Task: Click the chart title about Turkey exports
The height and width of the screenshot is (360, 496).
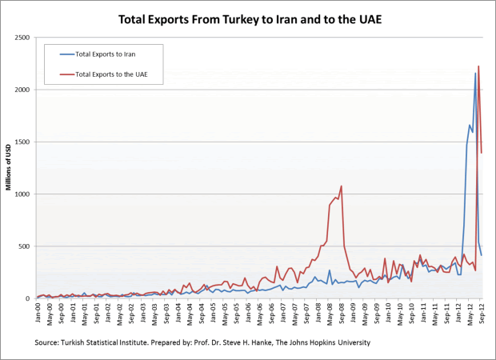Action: click(x=249, y=17)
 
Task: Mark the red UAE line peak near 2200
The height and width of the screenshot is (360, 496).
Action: click(x=478, y=66)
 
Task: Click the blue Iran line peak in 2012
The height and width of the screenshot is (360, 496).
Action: click(x=475, y=74)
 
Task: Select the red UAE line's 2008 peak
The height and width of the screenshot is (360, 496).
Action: click(x=342, y=186)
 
